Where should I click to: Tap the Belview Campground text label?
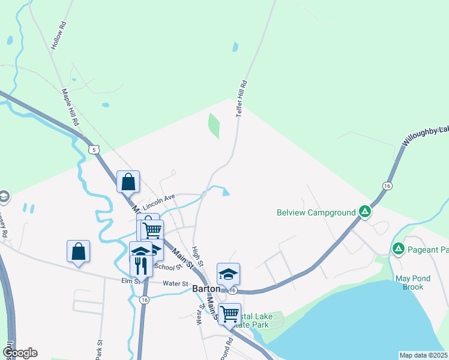coord(315,212)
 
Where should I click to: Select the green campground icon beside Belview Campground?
coord(364,211)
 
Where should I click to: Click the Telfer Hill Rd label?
coord(243,98)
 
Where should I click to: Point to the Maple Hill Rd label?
coord(71,107)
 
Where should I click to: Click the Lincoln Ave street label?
coord(158,199)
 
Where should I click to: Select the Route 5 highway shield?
coord(93,149)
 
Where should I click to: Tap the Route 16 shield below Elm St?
coord(143,299)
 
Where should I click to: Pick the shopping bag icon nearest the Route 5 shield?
coord(128,181)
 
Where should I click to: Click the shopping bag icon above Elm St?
coord(79,251)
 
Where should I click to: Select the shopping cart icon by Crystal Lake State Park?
coord(229,313)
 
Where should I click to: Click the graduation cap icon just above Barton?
coord(228,274)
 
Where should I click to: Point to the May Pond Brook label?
coord(409,283)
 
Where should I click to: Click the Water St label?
coord(176,284)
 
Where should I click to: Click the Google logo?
coord(20,353)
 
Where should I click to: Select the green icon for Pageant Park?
coord(397,248)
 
